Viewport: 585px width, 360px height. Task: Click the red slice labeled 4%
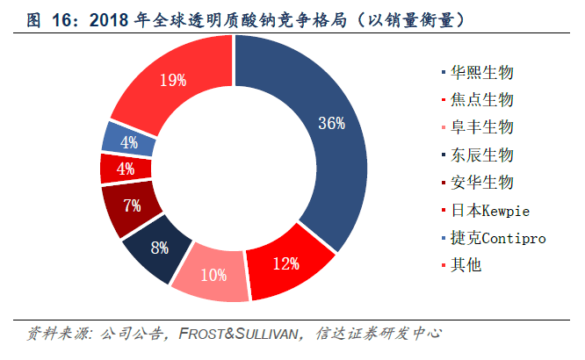coord(126,169)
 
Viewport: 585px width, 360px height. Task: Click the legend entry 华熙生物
coord(478,72)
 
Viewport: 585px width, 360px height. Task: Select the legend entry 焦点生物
coord(478,100)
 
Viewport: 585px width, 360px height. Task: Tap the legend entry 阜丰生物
coord(478,127)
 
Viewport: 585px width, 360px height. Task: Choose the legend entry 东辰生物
coord(478,155)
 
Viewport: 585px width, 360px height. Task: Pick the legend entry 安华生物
coord(478,183)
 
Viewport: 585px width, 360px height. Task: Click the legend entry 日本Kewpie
coord(486,211)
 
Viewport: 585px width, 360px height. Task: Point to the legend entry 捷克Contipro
coord(494,238)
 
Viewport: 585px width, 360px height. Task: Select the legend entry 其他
coord(461,265)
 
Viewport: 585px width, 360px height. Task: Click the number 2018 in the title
coord(109,20)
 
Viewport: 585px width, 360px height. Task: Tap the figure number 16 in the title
coord(61,20)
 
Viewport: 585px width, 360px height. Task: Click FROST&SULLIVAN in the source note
coord(238,334)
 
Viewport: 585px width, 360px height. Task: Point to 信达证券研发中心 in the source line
coord(379,334)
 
